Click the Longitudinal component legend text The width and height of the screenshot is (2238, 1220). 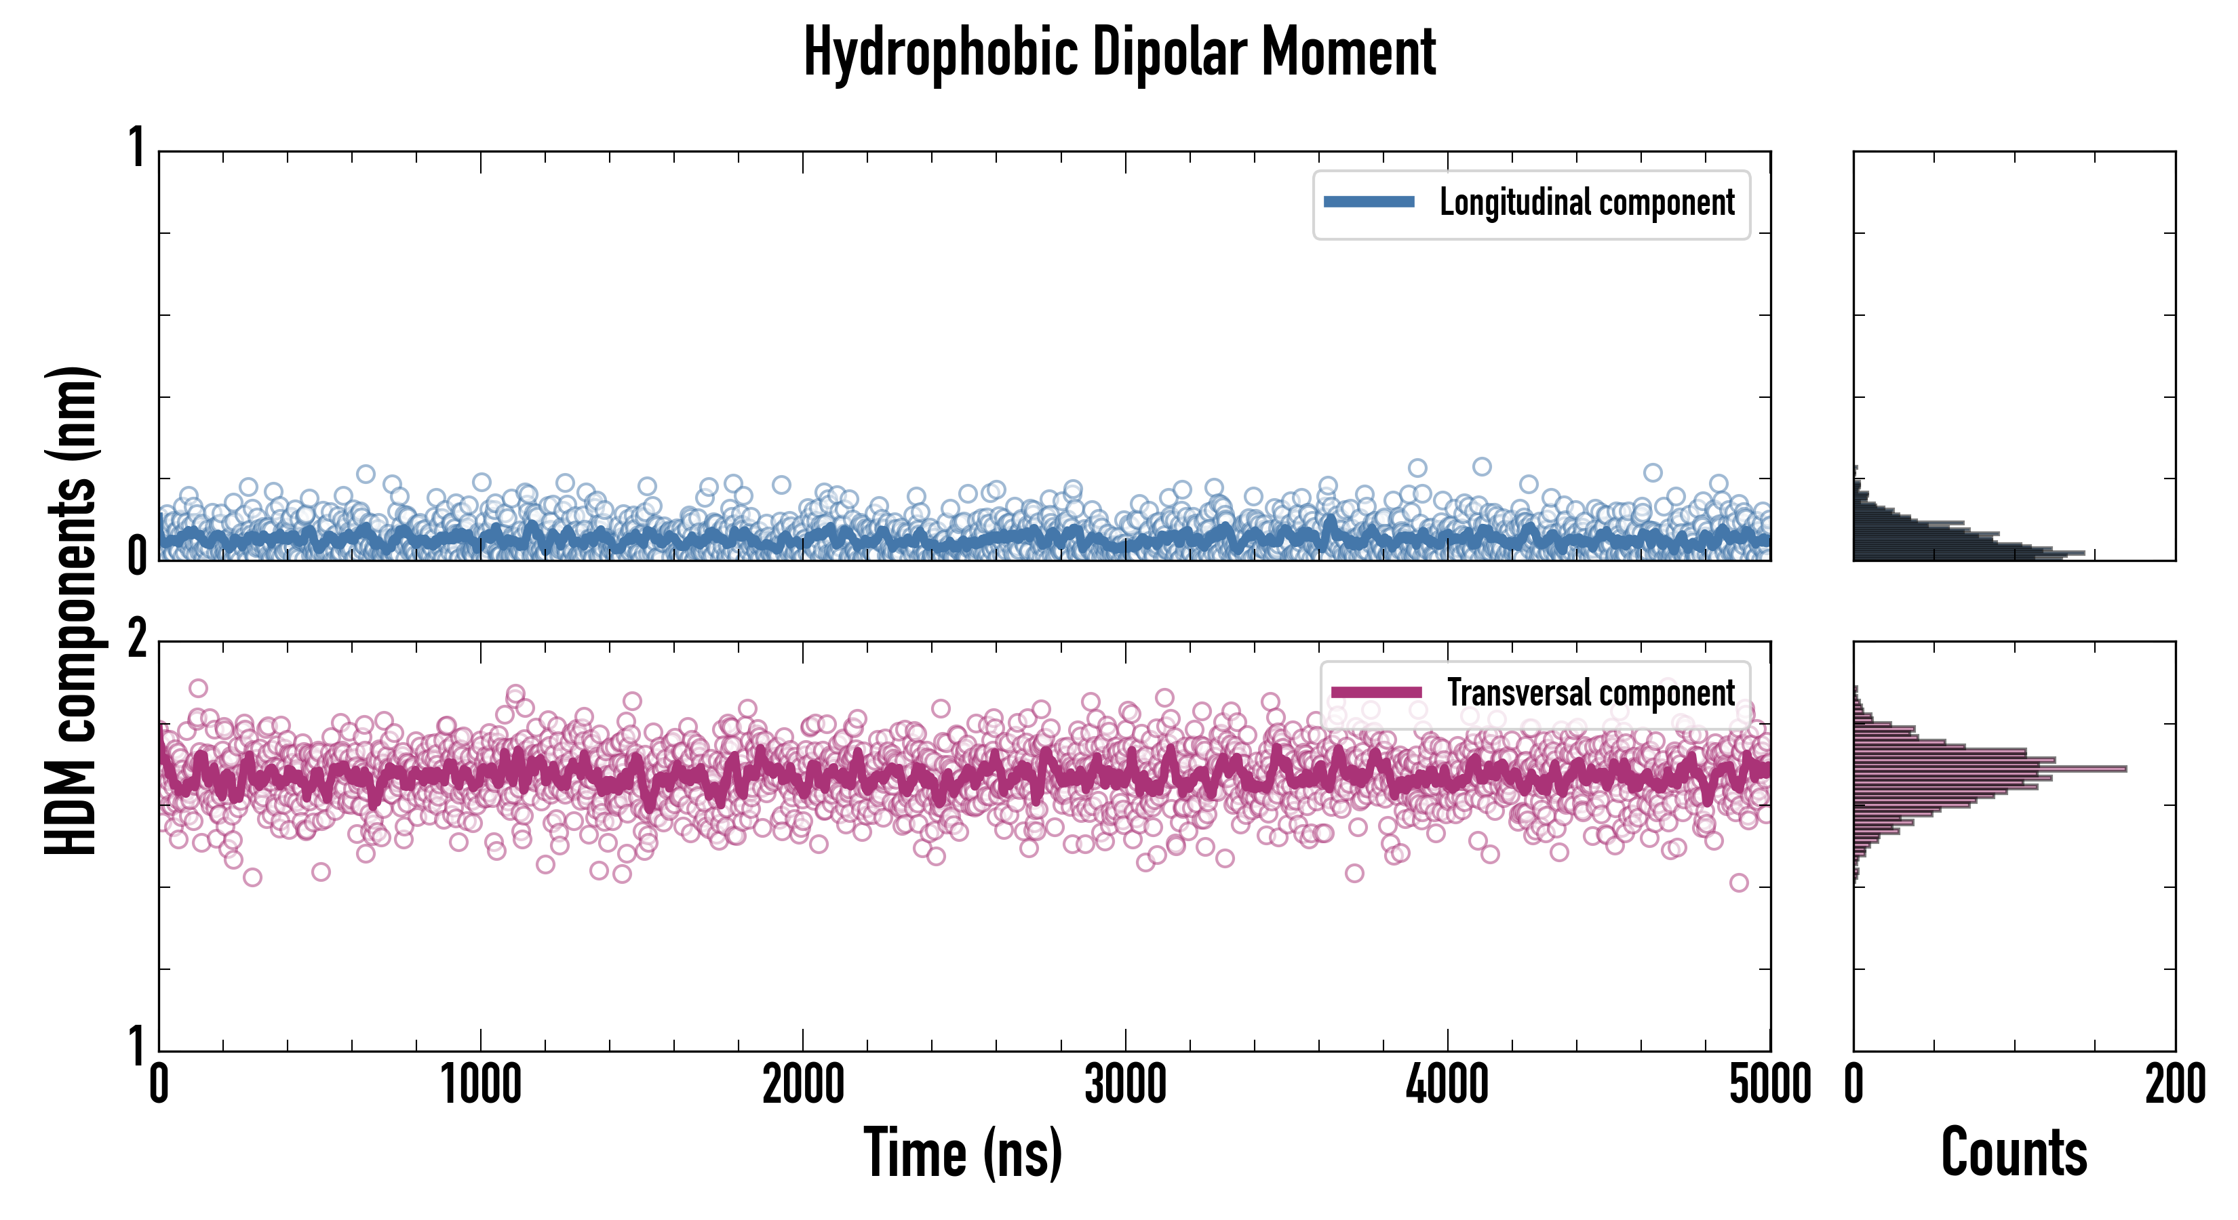1586,203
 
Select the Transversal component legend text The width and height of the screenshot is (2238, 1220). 1591,693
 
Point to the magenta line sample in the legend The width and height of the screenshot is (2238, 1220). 1376,693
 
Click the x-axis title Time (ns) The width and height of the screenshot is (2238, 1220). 962,1152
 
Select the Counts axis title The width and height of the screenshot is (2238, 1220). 2014,1152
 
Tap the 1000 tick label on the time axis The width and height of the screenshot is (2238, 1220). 480,1085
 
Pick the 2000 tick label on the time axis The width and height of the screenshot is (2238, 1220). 803,1085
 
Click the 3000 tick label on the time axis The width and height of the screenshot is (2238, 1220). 1125,1085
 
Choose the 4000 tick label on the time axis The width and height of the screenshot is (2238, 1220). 1447,1085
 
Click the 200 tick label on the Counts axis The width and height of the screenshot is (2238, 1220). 2174,1085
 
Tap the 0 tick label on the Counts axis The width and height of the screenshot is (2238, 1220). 1854,1085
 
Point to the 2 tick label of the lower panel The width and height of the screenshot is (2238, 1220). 137,640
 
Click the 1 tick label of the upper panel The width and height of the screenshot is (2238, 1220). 137,148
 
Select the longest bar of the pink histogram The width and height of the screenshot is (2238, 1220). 1990,769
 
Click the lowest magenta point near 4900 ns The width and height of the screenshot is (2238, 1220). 1738,883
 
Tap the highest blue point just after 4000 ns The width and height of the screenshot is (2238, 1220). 1481,466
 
